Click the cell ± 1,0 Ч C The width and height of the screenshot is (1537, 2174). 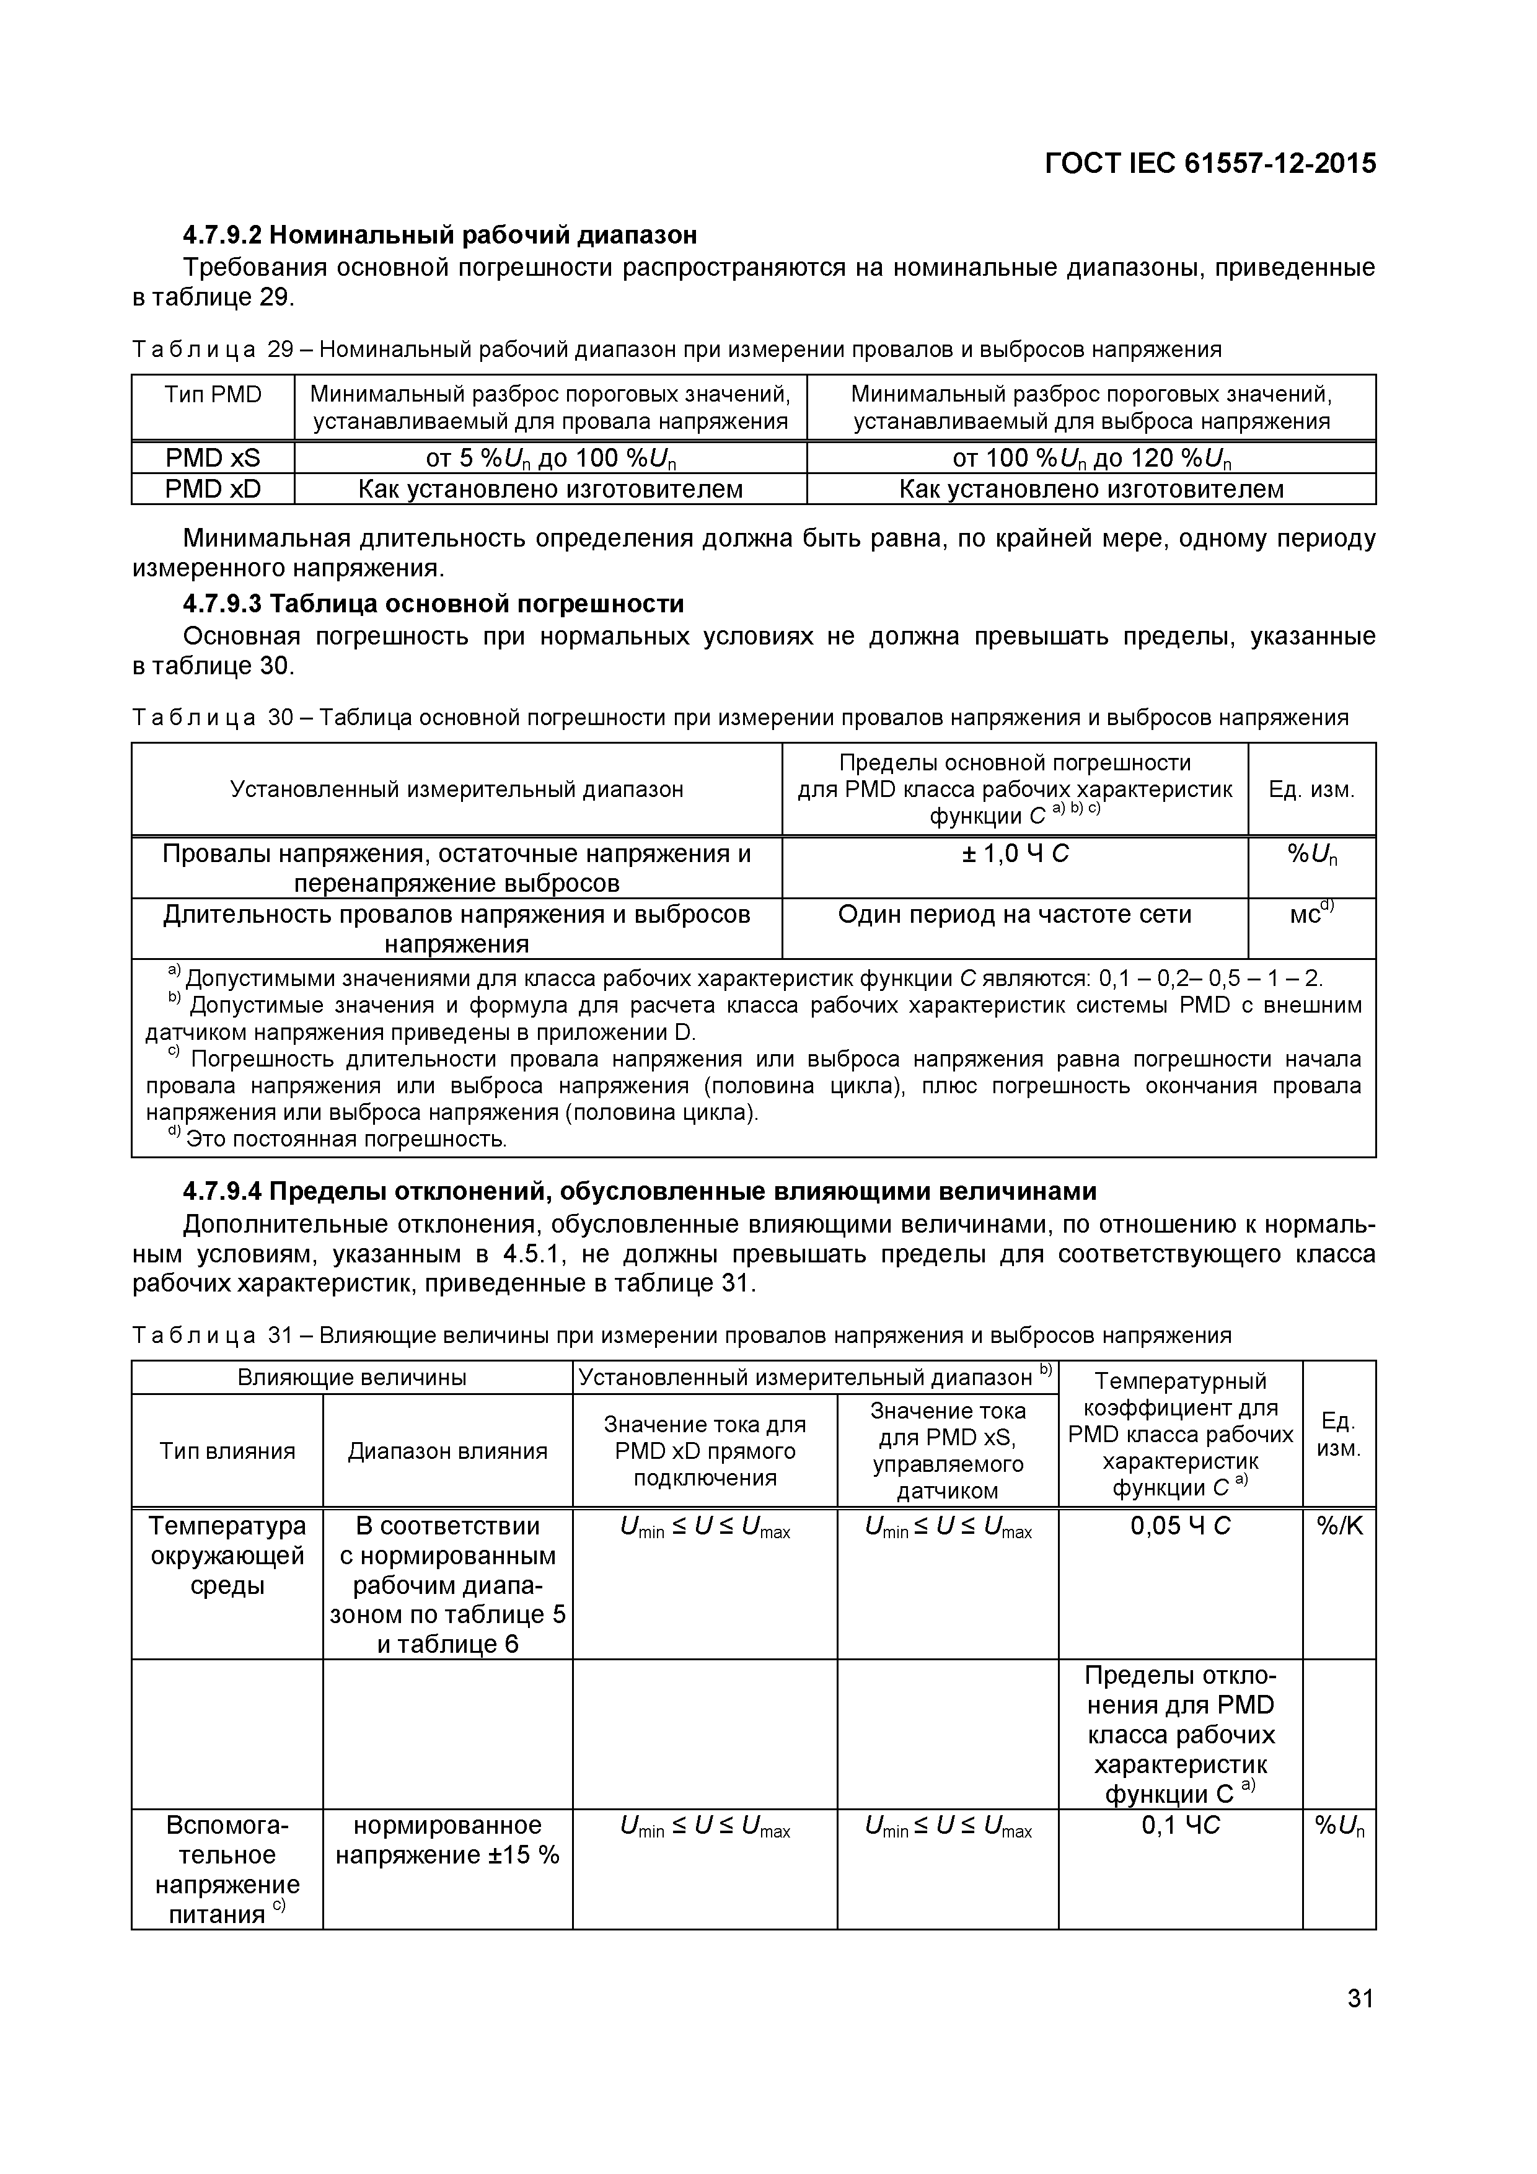pos(1015,854)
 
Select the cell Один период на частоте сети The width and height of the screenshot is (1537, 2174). pos(1015,915)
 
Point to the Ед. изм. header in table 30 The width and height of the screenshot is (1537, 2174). pos(1311,789)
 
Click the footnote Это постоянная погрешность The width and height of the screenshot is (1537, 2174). pos(346,1139)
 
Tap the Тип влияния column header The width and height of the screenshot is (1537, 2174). pos(227,1451)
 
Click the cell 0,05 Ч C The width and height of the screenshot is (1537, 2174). pos(1180,1525)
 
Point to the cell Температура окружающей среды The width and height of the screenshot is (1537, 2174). pos(227,1555)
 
